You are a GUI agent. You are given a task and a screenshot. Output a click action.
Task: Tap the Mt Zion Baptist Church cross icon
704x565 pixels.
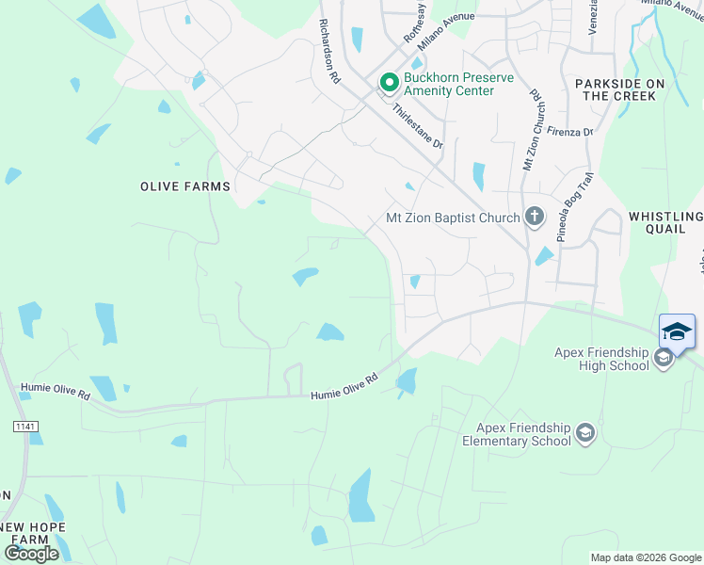534,218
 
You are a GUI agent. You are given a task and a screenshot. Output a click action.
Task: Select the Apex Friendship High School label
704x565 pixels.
602,359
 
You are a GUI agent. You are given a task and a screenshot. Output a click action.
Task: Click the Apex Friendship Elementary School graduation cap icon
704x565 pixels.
584,433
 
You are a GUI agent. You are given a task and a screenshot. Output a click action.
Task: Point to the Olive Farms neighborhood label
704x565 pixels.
185,186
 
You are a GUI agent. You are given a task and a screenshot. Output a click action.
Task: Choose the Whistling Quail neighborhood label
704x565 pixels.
665,222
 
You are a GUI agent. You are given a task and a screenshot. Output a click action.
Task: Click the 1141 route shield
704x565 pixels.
25,427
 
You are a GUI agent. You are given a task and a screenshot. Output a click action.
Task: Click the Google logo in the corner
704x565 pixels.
32,553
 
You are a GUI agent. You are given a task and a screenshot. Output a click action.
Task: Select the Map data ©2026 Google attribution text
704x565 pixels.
646,557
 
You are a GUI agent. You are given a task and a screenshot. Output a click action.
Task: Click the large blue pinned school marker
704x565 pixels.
677,332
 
